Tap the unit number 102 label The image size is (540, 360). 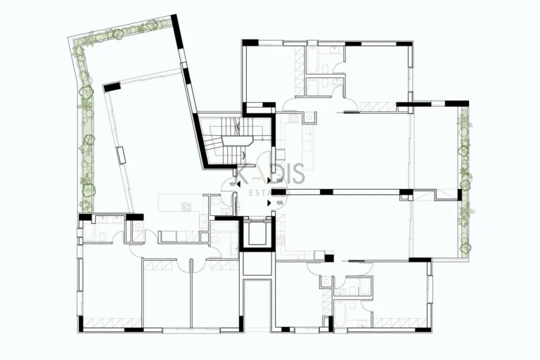pyautogui.click(x=279, y=180)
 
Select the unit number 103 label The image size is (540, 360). pyautogui.click(x=279, y=202)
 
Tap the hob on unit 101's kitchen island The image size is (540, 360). pyautogui.click(x=186, y=206)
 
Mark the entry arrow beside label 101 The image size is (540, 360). pyautogui.click(x=239, y=184)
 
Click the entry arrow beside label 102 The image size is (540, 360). pyautogui.click(x=269, y=181)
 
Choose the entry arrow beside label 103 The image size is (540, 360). pyautogui.click(x=269, y=202)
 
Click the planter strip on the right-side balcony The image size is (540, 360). pyautogui.click(x=464, y=179)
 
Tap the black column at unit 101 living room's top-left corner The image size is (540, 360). pyautogui.click(x=112, y=87)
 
